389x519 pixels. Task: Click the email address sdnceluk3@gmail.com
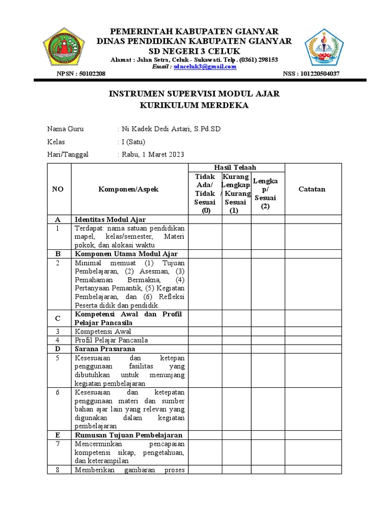click(205, 66)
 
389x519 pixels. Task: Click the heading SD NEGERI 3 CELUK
click(194, 51)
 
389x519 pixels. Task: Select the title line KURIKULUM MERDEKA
click(194, 105)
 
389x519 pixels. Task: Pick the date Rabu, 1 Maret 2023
click(153, 155)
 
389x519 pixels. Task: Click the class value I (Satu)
click(133, 142)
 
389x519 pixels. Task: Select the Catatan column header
click(313, 189)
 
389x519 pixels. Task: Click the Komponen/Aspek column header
click(129, 189)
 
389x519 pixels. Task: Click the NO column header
click(58, 189)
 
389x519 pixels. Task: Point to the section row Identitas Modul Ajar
click(110, 219)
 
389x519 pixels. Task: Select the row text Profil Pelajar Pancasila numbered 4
click(111, 340)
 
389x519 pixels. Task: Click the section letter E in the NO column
click(58, 435)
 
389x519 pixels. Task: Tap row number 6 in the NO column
click(58, 392)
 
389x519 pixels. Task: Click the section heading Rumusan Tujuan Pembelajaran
click(128, 435)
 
